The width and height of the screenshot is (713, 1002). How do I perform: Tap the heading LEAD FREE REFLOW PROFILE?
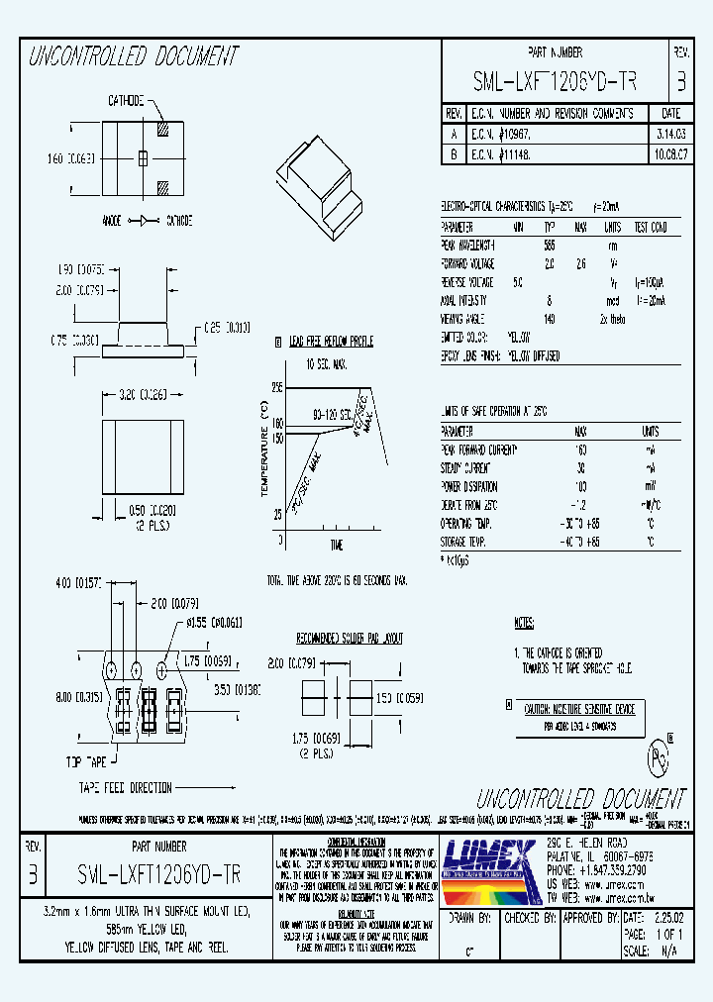pos(330,342)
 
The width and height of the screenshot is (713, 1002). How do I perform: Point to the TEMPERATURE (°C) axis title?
pos(263,450)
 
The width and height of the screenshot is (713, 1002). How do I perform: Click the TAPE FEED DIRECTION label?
pos(126,788)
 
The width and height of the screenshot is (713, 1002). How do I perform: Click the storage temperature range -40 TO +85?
pos(580,543)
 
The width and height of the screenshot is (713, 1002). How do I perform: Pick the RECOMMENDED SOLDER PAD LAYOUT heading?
pos(350,640)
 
